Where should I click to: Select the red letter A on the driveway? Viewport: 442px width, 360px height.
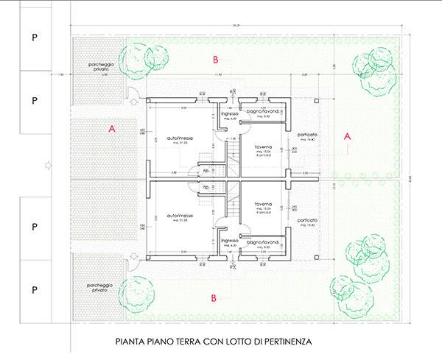[x=112, y=128]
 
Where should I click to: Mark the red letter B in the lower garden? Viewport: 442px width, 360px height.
[x=214, y=298]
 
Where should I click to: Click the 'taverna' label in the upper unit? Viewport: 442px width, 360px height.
[x=264, y=147]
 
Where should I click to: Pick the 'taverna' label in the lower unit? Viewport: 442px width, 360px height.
[x=264, y=205]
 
